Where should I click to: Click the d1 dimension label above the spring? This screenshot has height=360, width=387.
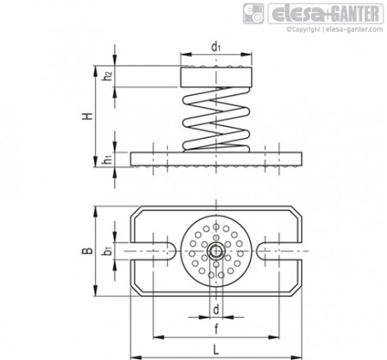point(216,47)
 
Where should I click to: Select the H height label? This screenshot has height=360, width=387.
point(88,117)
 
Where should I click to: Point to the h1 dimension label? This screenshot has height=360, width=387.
point(108,159)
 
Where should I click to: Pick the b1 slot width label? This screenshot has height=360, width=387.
point(108,250)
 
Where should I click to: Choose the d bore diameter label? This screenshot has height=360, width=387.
point(217,309)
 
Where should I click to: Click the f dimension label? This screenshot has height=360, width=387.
point(216,329)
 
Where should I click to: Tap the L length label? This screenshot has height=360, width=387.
point(216,350)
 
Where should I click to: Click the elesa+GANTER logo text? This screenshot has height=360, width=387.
point(325,14)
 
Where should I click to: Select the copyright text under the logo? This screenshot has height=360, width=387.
point(335,29)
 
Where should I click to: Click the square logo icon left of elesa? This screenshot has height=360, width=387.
point(253,14)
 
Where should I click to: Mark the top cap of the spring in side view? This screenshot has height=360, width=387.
point(216,77)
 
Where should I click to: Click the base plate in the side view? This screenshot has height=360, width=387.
point(216,159)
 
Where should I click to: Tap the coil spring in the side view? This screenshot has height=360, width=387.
point(216,119)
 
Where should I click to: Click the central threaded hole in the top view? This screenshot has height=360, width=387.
point(216,251)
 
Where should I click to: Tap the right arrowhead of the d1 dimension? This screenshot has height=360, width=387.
point(247,55)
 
